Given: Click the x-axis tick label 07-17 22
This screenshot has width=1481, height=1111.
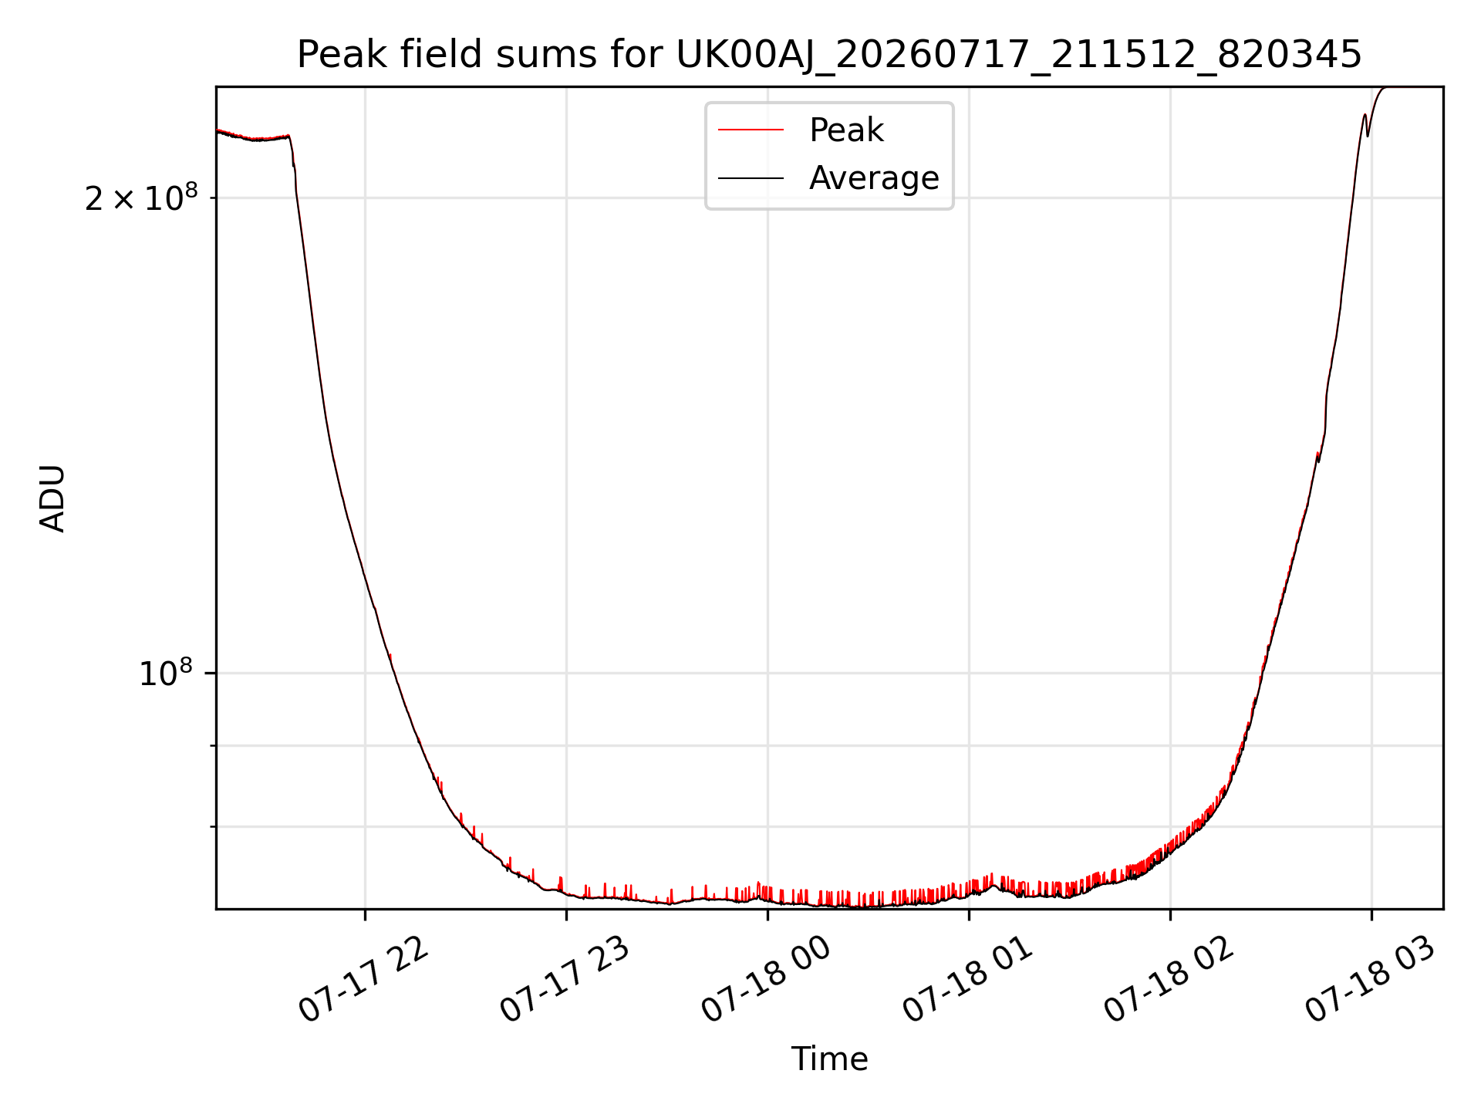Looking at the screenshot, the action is [x=363, y=980].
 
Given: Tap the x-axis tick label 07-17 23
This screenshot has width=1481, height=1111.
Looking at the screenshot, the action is [x=565, y=980].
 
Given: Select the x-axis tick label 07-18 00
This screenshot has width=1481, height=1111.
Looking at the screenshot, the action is [x=766, y=980].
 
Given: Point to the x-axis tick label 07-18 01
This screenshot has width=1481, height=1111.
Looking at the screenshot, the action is [x=967, y=980].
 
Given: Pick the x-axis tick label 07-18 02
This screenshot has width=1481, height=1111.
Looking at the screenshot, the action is [x=1169, y=980].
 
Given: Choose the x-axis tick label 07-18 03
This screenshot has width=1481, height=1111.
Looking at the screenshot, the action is [x=1371, y=980].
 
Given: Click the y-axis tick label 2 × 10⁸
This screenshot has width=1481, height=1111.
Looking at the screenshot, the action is [x=141, y=198].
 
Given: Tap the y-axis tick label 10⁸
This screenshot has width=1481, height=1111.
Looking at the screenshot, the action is [x=165, y=673].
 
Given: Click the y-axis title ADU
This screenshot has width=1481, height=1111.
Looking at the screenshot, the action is [x=52, y=498].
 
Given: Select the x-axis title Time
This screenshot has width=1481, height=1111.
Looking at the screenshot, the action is [x=829, y=1059].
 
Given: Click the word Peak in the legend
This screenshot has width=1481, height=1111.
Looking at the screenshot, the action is [x=846, y=130].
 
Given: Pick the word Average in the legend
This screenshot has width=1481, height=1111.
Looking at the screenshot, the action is [x=874, y=178].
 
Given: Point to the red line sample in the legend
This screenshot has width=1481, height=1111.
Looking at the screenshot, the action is [x=751, y=130].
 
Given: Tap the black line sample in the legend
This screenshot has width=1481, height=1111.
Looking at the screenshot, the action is [x=751, y=178].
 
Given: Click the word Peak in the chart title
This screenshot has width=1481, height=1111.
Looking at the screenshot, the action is [x=334, y=55].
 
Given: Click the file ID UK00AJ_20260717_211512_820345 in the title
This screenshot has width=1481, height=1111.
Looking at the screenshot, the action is [x=1019, y=55].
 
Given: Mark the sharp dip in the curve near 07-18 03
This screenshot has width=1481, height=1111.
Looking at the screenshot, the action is [x=1368, y=136].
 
